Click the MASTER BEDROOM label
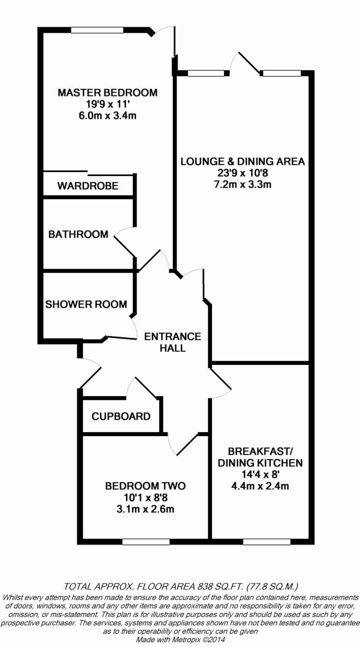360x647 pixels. tap(108, 92)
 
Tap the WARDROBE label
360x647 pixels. tap(88, 186)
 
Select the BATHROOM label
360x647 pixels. tap(78, 234)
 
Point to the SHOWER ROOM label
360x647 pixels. tap(86, 304)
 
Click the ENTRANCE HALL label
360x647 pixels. tap(172, 342)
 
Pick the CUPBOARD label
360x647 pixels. tap(121, 416)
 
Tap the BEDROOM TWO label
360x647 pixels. tap(145, 486)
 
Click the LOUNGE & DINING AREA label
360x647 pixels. tap(243, 161)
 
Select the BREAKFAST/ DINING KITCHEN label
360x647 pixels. tap(260, 457)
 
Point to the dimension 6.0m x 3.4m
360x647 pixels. tap(108, 115)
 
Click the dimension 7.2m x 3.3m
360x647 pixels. tap(243, 185)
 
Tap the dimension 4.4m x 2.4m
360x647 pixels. tap(260, 486)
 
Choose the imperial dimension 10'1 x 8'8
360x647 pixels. tap(145, 498)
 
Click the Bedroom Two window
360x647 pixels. tap(146, 542)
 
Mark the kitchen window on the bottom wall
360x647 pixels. tap(260, 542)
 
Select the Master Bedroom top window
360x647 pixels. tap(97, 30)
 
